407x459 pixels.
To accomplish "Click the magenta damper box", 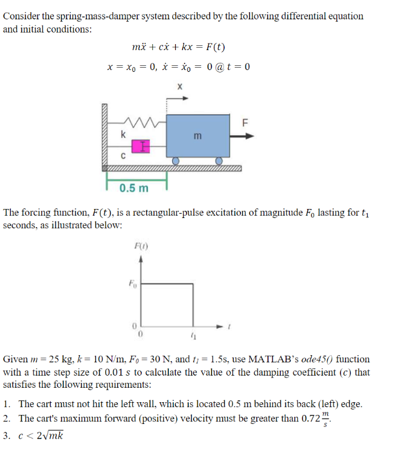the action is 139,146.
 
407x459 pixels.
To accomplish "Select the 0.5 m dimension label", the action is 134,188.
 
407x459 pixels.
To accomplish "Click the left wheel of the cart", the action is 175,162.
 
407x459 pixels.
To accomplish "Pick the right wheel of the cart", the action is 220,162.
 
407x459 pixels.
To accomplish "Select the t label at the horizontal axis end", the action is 229,326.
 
